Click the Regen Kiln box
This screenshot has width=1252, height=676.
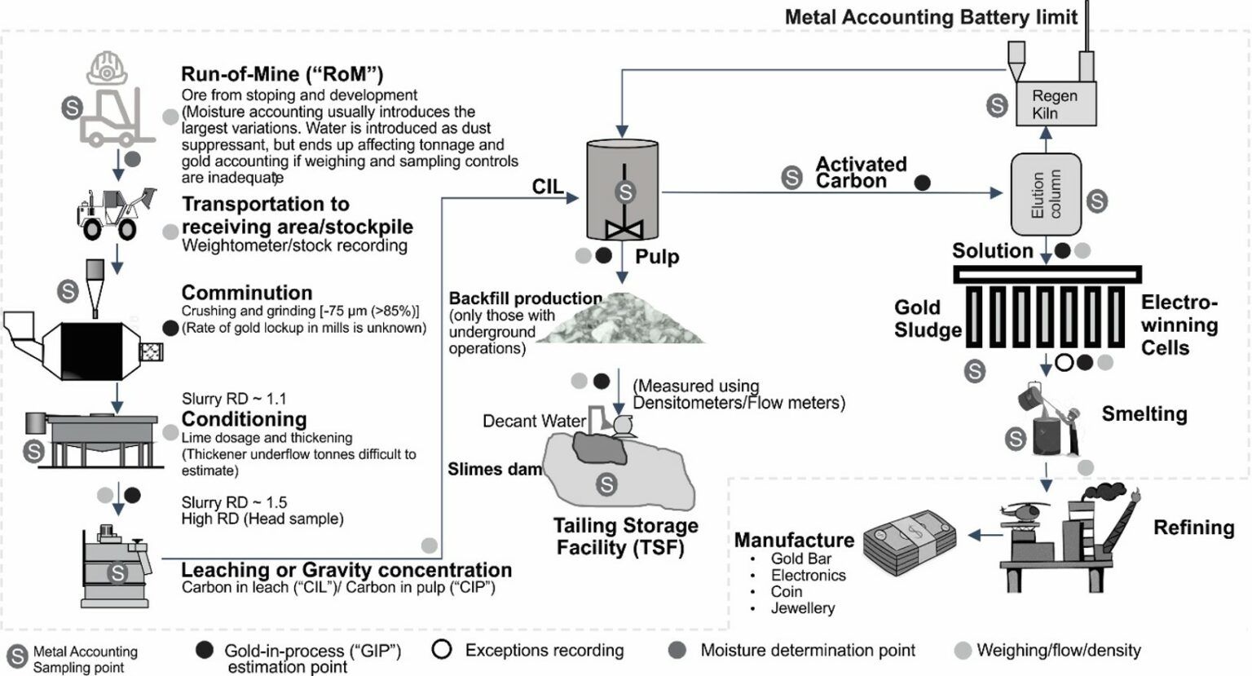[1056, 104]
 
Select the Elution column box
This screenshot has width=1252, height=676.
[1046, 195]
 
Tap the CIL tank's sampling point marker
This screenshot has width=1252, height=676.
[625, 192]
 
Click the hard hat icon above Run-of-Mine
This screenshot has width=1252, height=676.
[108, 68]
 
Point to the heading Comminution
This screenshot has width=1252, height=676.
[247, 293]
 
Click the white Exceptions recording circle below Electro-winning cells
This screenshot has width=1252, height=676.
[1065, 362]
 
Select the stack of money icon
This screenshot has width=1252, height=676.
[911, 540]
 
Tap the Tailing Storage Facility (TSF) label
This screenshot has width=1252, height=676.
[625, 537]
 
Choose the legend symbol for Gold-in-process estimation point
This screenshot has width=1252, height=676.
[205, 650]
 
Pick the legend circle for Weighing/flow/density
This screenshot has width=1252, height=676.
[963, 651]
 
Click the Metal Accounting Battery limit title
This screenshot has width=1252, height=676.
[931, 17]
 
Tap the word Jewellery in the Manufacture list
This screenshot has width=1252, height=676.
[803, 608]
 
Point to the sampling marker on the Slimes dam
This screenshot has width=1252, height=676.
[606, 484]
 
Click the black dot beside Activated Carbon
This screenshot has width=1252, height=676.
[922, 183]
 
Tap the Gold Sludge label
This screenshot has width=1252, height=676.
[928, 319]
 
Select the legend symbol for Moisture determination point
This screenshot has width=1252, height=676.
[677, 650]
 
